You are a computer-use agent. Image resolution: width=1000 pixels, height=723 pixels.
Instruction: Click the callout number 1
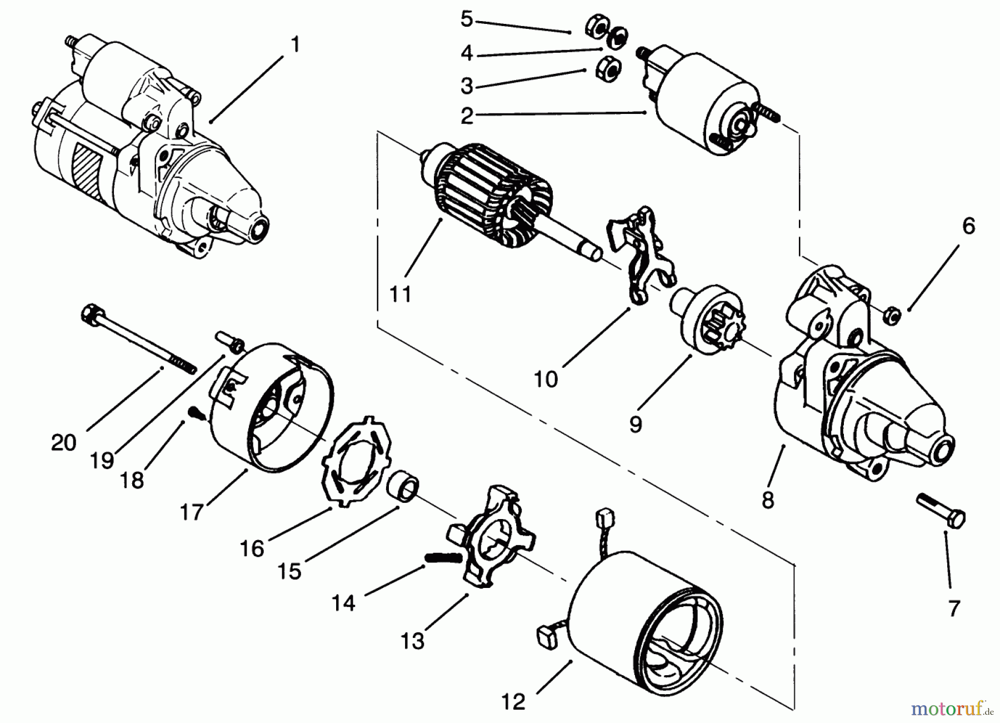(295, 44)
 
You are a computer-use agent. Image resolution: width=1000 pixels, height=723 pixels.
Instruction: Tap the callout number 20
(63, 443)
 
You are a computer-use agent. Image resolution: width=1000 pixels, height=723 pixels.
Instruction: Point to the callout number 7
(954, 609)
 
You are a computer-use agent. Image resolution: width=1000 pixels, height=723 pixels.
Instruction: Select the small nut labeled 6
(891, 315)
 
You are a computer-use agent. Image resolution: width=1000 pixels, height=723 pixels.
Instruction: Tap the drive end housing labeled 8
(861, 400)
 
